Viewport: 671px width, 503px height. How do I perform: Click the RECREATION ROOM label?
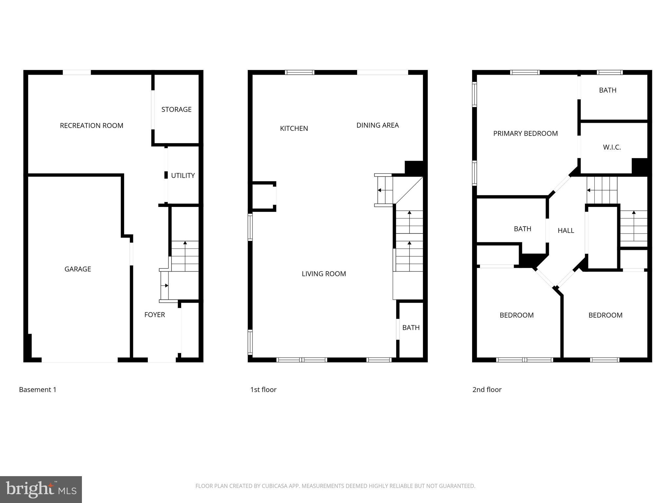(x=91, y=125)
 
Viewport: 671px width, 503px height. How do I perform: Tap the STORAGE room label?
(x=176, y=109)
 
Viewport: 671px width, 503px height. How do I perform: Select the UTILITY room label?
(x=183, y=176)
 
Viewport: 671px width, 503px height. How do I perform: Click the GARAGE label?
(x=78, y=269)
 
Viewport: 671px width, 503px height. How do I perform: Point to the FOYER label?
(x=155, y=315)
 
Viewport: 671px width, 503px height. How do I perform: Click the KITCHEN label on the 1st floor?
(x=294, y=128)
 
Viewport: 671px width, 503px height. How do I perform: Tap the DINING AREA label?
(x=377, y=125)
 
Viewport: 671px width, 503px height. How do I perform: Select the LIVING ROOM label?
(x=324, y=274)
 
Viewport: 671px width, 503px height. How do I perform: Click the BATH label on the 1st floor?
(x=411, y=327)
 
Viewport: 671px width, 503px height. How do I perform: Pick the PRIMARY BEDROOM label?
(x=525, y=133)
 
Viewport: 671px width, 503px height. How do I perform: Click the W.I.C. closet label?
(x=612, y=147)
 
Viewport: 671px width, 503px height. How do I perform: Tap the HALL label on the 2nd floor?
(x=566, y=231)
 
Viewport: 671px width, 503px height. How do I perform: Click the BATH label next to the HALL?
(x=522, y=229)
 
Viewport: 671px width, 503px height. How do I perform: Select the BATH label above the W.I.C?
(x=607, y=90)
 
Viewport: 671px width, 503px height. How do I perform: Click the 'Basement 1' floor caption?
(x=38, y=390)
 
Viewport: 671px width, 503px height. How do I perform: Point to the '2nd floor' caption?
(x=487, y=390)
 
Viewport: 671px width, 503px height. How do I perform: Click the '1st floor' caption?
(x=263, y=390)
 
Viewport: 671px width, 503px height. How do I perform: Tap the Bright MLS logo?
(x=41, y=489)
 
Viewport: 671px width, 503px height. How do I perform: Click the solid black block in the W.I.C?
(x=639, y=166)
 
